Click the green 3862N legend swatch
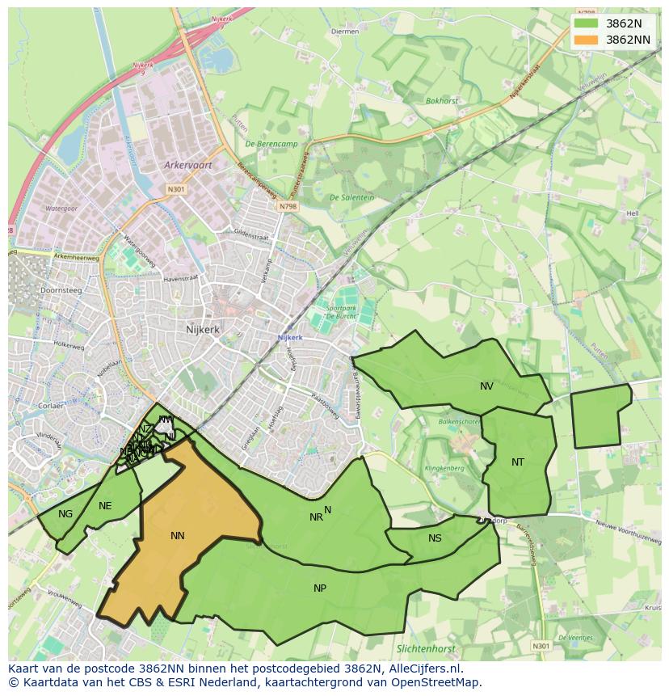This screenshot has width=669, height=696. pyautogui.click(x=587, y=23)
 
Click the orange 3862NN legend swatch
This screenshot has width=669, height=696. pyautogui.click(x=587, y=39)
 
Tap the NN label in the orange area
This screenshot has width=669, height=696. pyautogui.click(x=178, y=535)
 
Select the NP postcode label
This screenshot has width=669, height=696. pyautogui.click(x=320, y=588)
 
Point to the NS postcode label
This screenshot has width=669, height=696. pyautogui.click(x=435, y=538)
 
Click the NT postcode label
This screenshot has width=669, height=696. pyautogui.click(x=518, y=462)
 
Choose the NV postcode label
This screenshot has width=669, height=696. pyautogui.click(x=486, y=386)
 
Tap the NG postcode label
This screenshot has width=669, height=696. pyautogui.click(x=65, y=513)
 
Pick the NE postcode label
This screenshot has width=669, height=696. pyautogui.click(x=105, y=506)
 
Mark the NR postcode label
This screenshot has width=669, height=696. pyautogui.click(x=316, y=517)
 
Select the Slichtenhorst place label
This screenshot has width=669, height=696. pyautogui.click(x=426, y=648)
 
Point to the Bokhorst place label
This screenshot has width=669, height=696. pyautogui.click(x=442, y=101)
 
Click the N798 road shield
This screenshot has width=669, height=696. pyautogui.click(x=288, y=207)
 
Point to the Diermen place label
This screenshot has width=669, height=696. pyautogui.click(x=345, y=32)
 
